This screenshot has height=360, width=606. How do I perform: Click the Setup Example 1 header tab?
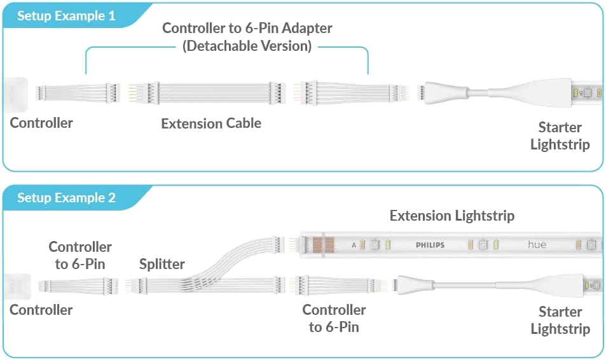(67, 16)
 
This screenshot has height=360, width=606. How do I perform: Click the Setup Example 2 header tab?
(67, 198)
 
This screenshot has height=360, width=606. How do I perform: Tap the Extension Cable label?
(211, 123)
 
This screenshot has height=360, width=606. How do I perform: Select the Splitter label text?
(162, 264)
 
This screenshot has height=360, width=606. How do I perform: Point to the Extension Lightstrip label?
(452, 216)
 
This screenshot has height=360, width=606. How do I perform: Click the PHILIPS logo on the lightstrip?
(430, 245)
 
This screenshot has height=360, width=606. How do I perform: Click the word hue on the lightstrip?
(537, 244)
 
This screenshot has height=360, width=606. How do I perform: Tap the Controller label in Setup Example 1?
(41, 123)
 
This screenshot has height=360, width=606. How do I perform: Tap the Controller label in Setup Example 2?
(41, 310)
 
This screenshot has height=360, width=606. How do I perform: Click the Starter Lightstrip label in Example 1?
(560, 135)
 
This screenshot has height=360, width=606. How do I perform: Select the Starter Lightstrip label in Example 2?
(560, 321)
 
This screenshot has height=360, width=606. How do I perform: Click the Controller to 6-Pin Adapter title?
(247, 28)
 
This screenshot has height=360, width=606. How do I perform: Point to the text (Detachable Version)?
(247, 46)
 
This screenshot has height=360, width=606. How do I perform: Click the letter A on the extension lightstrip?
(354, 245)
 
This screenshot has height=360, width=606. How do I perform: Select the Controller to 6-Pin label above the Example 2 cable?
(80, 255)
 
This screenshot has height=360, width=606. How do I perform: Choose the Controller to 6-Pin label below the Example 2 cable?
(334, 319)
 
